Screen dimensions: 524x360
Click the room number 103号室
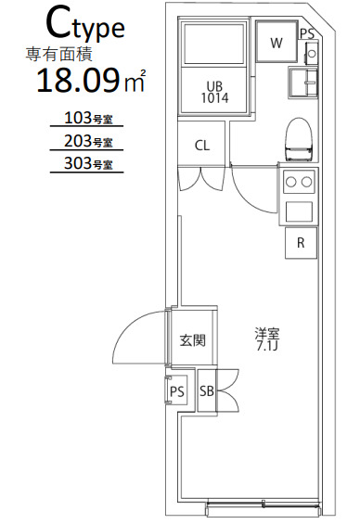[x=85, y=118]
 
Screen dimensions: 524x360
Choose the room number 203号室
[x=85, y=142]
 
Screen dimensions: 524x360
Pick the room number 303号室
[x=85, y=165]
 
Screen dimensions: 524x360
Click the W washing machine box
[x=276, y=44]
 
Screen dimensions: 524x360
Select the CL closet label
[x=201, y=146]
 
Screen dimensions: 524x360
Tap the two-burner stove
[x=301, y=181]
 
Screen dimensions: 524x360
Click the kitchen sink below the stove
[x=301, y=211]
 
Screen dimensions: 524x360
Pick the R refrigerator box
[x=301, y=244]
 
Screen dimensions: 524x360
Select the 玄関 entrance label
[x=192, y=340]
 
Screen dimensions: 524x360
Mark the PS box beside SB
[x=177, y=392]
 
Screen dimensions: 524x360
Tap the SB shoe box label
[x=207, y=392]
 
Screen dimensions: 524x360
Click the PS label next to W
[x=306, y=32]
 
